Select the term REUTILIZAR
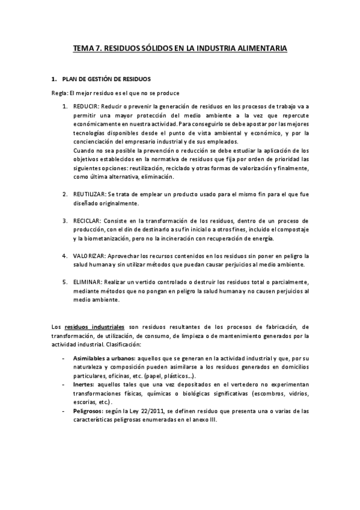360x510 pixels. pyautogui.click(x=89, y=194)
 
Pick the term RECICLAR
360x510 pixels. pyautogui.click(x=87, y=221)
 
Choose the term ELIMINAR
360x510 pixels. pyautogui.click(x=87, y=282)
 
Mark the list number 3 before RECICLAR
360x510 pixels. pyautogui.click(x=66, y=221)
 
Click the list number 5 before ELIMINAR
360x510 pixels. pyautogui.click(x=66, y=282)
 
